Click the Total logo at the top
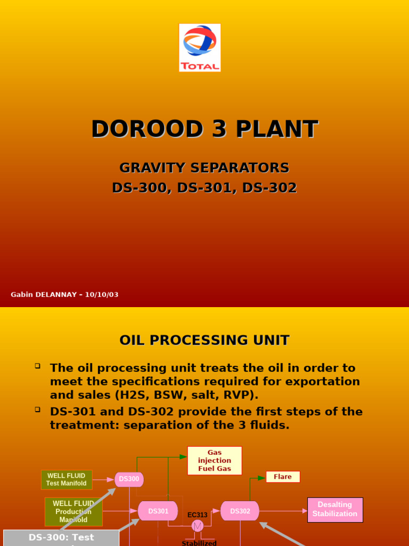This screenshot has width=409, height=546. click(x=200, y=47)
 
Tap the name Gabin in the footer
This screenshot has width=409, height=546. click(x=22, y=295)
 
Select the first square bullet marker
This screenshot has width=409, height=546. click(x=38, y=366)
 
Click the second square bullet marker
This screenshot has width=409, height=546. click(x=38, y=409)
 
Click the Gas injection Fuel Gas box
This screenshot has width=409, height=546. click(x=215, y=461)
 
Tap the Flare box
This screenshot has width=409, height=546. click(x=283, y=477)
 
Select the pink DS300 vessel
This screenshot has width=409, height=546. click(x=129, y=479)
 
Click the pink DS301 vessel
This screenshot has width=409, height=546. click(x=158, y=511)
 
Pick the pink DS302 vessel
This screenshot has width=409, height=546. click(x=240, y=511)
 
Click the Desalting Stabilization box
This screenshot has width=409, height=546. click(x=335, y=510)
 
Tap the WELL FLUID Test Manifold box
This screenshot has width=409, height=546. click(x=67, y=479)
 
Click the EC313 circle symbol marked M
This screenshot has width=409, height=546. click(x=198, y=526)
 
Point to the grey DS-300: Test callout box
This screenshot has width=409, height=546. click(x=61, y=537)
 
